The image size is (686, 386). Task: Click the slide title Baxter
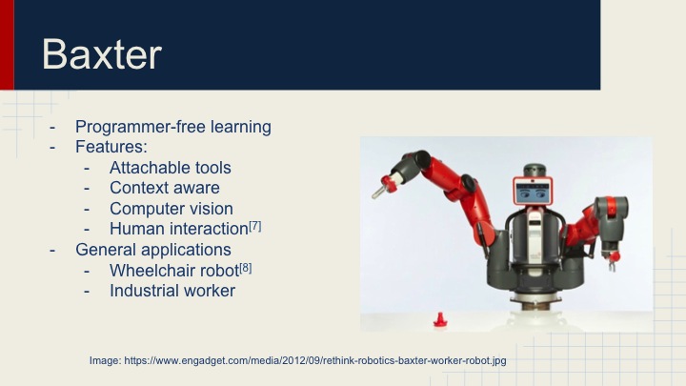101,55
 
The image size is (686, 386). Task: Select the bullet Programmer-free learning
172,127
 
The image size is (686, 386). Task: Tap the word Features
111,148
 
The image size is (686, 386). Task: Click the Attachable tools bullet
170,168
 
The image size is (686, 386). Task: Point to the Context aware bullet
164,188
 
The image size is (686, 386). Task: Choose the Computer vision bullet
171,209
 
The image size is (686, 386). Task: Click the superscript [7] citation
254,226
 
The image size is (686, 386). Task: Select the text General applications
153,250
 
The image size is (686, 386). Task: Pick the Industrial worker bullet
171,291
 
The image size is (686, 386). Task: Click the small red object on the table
440,318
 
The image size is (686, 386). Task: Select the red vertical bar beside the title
7,45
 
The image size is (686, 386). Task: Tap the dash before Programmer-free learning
54,127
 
